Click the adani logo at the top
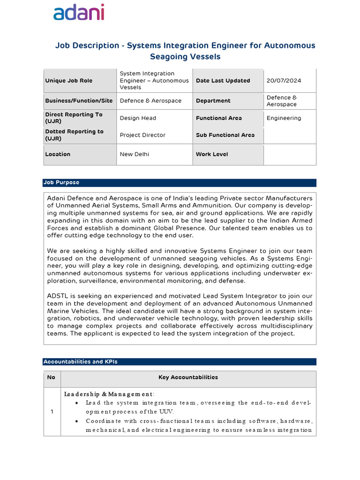click(x=78, y=13)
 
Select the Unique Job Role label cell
click(x=69, y=81)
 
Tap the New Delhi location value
click(x=135, y=154)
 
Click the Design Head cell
click(x=138, y=118)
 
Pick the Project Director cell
click(x=142, y=135)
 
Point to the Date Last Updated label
click(x=223, y=81)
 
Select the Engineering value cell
click(x=284, y=118)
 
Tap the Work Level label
click(x=212, y=154)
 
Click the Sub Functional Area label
click(x=225, y=135)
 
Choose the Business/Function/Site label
click(x=79, y=101)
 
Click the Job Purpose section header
click(x=61, y=182)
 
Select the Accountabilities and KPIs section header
click(x=80, y=362)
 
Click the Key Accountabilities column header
click(x=188, y=377)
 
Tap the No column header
click(x=52, y=377)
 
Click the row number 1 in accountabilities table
click(x=52, y=412)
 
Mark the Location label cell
click(x=58, y=154)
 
